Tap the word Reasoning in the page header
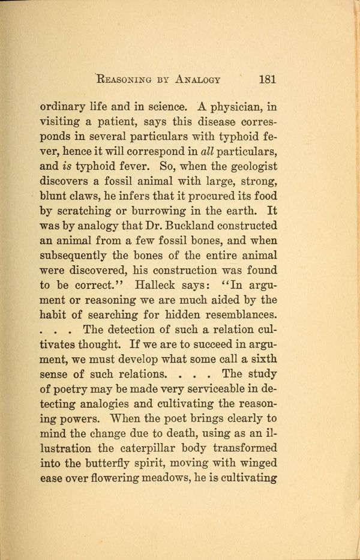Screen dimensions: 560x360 pos(122,79)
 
